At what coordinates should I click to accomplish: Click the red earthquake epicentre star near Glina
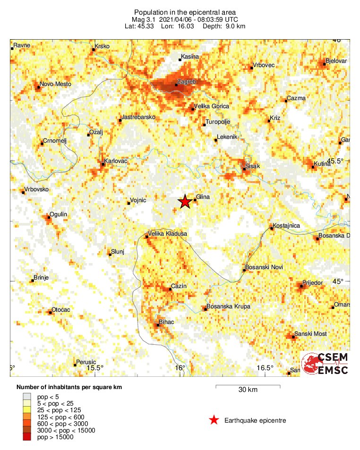click(185, 202)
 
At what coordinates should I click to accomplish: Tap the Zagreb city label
click(186, 82)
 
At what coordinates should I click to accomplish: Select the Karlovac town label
click(116, 161)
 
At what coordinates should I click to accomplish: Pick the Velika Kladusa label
click(168, 234)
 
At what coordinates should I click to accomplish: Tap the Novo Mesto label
click(56, 84)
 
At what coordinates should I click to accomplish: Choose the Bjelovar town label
click(336, 61)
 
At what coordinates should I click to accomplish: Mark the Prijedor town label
click(313, 283)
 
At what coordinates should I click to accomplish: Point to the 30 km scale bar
click(248, 387)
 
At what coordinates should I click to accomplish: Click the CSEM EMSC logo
click(325, 364)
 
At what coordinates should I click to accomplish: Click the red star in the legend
click(214, 420)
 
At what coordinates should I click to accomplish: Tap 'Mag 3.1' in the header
click(145, 19)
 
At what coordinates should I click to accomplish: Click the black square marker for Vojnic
click(129, 204)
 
